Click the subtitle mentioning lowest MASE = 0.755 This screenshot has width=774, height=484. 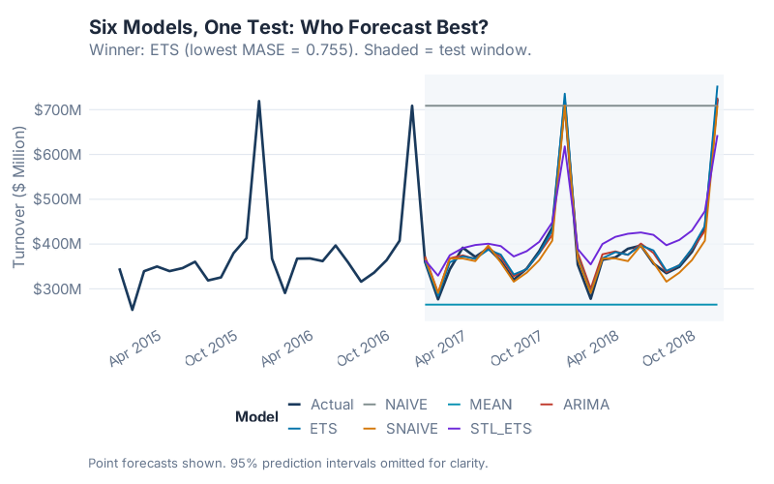coord(310,49)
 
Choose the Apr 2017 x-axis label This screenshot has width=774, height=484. coord(441,348)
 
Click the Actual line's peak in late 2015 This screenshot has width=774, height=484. coord(258,101)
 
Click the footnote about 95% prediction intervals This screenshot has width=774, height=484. coord(287,463)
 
